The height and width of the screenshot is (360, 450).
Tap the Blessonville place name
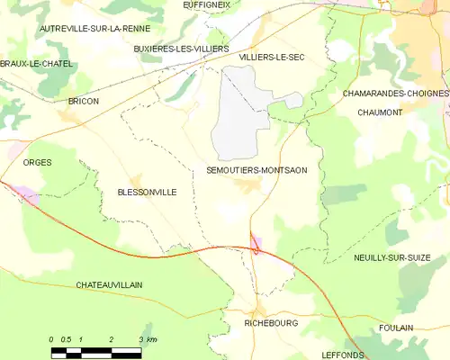147,192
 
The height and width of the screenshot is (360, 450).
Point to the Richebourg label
270,320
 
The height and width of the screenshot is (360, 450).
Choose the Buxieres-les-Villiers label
181,48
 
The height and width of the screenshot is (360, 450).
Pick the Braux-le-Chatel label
37,64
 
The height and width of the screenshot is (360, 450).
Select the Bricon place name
83,101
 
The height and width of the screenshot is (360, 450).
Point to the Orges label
38,162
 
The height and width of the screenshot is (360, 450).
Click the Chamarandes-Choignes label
395,93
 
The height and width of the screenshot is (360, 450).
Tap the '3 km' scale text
148,338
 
